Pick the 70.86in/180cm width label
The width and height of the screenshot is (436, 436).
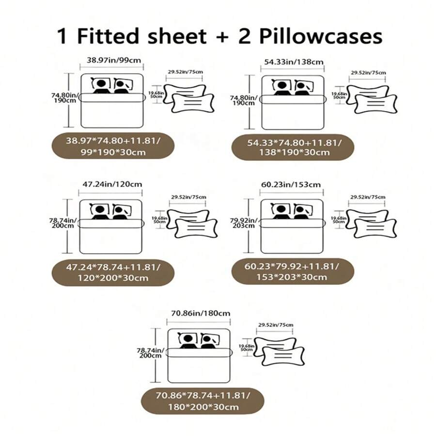coord(199,313)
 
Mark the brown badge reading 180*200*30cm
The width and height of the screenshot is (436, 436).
coord(202,401)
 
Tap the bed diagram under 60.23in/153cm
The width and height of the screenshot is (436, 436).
coord(292,226)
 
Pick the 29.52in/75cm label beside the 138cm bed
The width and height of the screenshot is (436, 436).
coord(368,73)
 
